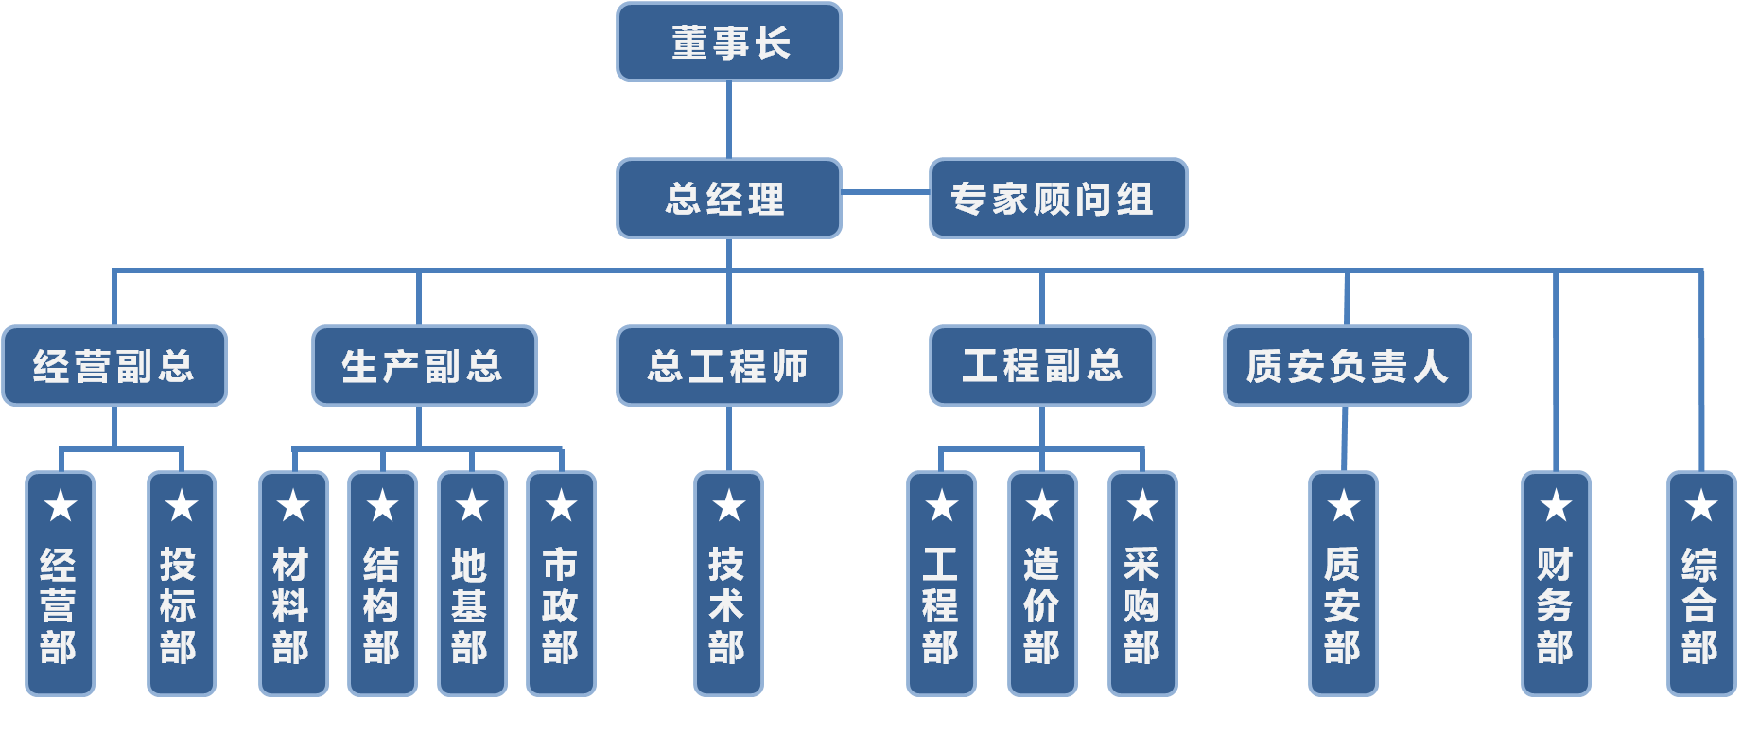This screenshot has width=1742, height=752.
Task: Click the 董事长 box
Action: pos(728,43)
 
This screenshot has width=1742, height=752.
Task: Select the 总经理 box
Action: pos(728,199)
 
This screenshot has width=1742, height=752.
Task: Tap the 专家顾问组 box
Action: pos(1057,199)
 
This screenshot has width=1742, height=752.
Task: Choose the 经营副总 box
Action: pos(114,366)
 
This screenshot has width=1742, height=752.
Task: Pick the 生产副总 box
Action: pos(424,366)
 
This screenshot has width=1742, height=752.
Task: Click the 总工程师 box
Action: pos(728,366)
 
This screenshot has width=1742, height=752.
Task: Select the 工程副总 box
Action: pos(1041,366)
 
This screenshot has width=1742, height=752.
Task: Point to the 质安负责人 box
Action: pos(1347,366)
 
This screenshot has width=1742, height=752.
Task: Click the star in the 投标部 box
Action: pos(182,506)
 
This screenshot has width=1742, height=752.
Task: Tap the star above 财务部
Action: pos(1556,506)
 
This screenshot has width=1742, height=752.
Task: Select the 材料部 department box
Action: pos(293,585)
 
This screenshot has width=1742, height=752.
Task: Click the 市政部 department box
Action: pos(561,585)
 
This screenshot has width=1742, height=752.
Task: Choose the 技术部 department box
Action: pos(728,585)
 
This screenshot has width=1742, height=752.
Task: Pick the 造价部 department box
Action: pos(1042,585)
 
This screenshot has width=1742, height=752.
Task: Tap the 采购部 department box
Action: pos(1142,585)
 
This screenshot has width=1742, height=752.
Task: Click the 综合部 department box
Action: pos(1700,585)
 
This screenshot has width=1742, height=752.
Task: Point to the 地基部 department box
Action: pos(472,585)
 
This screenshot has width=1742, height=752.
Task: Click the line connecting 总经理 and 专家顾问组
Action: pos(885,192)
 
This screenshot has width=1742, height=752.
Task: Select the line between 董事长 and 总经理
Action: pos(728,120)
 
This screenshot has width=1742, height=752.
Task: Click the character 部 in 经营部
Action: pos(59,648)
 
